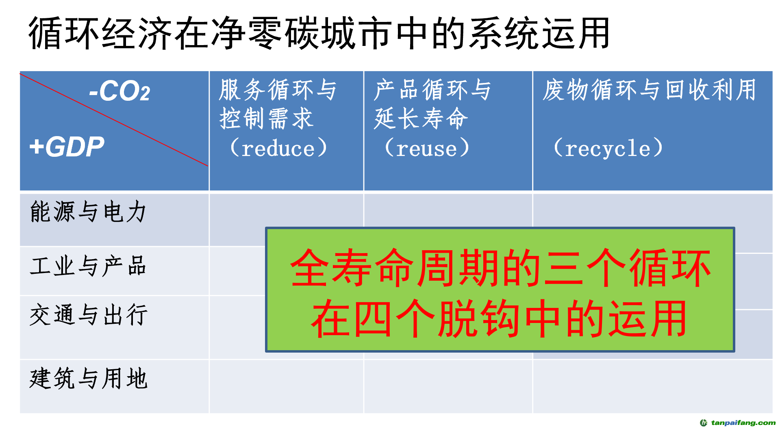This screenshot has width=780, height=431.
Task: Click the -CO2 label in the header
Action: click(119, 91)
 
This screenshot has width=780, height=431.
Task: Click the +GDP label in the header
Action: click(67, 146)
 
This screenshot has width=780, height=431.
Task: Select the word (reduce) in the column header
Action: click(278, 148)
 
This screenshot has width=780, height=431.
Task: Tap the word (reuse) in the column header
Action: click(427, 148)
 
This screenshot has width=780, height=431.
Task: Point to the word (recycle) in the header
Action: click(608, 148)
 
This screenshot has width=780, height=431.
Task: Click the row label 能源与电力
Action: click(88, 212)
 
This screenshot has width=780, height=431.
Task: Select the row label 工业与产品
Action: click(88, 266)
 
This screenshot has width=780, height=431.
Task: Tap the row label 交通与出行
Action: click(88, 315)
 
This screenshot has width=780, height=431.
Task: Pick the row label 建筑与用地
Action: click(88, 379)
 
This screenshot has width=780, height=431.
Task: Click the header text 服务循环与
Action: click(278, 90)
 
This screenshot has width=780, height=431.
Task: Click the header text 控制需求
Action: click(266, 119)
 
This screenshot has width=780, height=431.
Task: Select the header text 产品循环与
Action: click(432, 90)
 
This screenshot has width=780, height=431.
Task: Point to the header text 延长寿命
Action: click(421, 119)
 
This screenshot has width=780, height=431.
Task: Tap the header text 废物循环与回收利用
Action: click(649, 90)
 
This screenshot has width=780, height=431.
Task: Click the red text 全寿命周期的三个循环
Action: click(500, 268)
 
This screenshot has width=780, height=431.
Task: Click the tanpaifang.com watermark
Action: click(737, 423)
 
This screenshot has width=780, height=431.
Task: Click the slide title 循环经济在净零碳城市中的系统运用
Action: click(319, 33)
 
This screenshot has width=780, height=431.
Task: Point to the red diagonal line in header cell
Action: click(114, 119)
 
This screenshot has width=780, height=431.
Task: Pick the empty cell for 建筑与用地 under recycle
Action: click(652, 386)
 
